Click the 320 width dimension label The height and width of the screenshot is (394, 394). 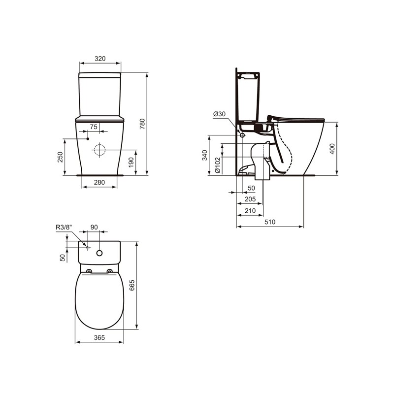pyautogui.click(x=100, y=58)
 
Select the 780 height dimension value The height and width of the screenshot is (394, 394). pyautogui.click(x=142, y=124)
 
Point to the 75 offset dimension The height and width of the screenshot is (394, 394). pyautogui.click(x=93, y=127)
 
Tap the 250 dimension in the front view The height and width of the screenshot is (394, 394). pyautogui.click(x=60, y=157)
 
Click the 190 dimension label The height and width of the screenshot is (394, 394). pyautogui.click(x=131, y=163)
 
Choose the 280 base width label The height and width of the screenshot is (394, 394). pyautogui.click(x=99, y=183)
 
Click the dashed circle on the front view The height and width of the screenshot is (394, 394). pyautogui.click(x=99, y=150)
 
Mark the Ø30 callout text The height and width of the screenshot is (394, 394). pyautogui.click(x=219, y=114)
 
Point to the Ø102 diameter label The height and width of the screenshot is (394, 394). pyautogui.click(x=217, y=166)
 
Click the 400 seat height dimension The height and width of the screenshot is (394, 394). pyautogui.click(x=332, y=149)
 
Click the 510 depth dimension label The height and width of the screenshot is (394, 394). pyautogui.click(x=269, y=222)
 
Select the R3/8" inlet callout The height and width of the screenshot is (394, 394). pyautogui.click(x=64, y=227)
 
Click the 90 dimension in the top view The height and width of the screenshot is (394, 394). pyautogui.click(x=94, y=227)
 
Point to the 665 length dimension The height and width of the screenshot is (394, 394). pyautogui.click(x=131, y=286)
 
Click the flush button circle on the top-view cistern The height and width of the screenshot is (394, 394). pyautogui.click(x=99, y=253)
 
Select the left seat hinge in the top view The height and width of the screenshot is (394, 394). pyautogui.click(x=89, y=271)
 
